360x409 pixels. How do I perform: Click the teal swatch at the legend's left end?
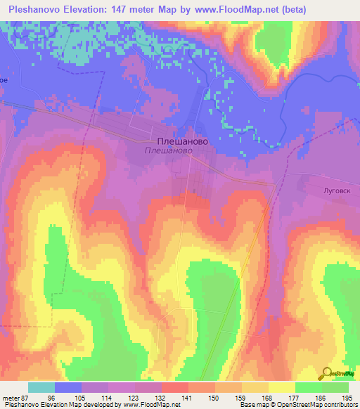tap(41, 387)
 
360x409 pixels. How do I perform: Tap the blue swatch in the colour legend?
tap(68, 387)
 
